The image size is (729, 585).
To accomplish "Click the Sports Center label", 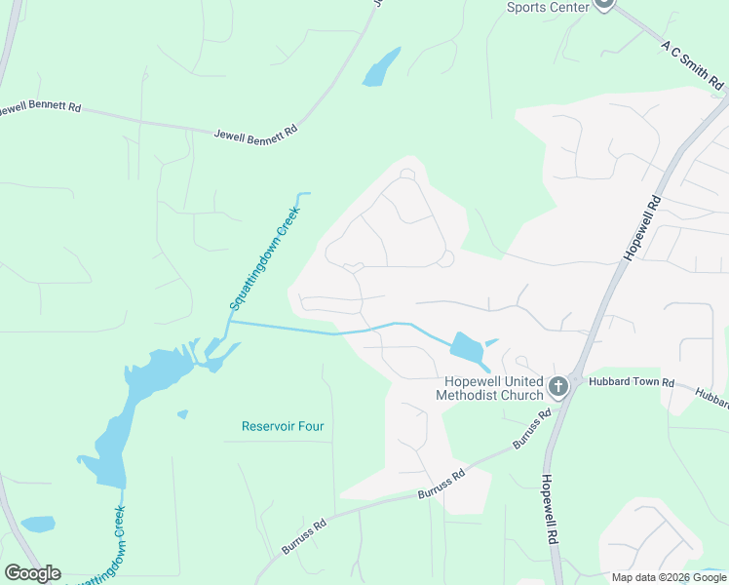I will coord(548,7).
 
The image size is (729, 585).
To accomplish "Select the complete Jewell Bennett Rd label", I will coord(255,131).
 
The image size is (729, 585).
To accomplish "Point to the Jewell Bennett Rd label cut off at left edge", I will coord(39,107).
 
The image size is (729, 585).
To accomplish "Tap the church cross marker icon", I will coord(558,387).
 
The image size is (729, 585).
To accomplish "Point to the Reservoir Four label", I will coord(283,426).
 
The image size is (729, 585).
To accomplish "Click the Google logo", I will coord(32,573).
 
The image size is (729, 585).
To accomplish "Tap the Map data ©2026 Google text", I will coord(670,577).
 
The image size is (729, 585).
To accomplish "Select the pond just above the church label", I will coord(467,347).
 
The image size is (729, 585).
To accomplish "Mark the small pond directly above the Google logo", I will coord(38,524).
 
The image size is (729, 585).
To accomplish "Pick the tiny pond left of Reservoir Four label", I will coord(182,414).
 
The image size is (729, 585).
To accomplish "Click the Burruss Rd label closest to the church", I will coord(532,430).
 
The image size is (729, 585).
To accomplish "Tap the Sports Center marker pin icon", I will coord(604,4).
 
